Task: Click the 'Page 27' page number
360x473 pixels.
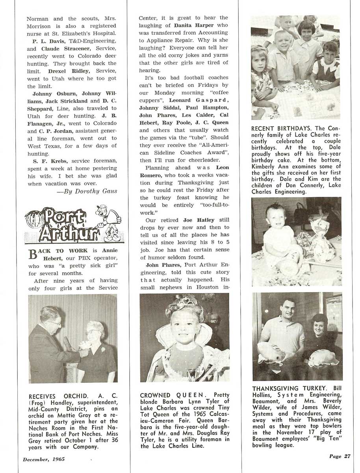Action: point(340,456)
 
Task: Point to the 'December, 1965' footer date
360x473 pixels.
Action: point(44,459)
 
